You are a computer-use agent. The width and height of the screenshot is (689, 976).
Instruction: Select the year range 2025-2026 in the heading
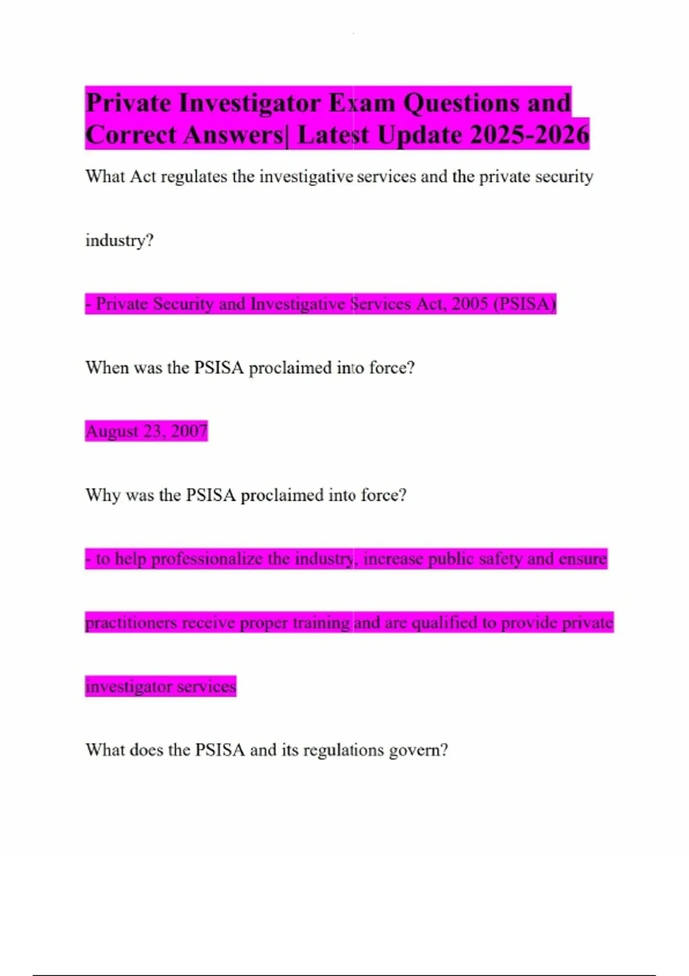pyautogui.click(x=530, y=135)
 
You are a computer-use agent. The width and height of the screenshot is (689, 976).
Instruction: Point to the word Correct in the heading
pyautogui.click(x=131, y=135)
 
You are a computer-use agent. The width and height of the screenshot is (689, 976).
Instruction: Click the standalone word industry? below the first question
pyautogui.click(x=119, y=240)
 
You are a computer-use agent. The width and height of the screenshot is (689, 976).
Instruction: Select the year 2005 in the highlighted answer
pyautogui.click(x=470, y=304)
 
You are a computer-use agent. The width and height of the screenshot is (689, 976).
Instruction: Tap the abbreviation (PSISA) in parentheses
pyautogui.click(x=525, y=304)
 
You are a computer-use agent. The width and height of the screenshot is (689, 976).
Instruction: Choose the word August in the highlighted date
pyautogui.click(x=111, y=431)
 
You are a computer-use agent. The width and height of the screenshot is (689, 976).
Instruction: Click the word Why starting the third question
pyautogui.click(x=103, y=495)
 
